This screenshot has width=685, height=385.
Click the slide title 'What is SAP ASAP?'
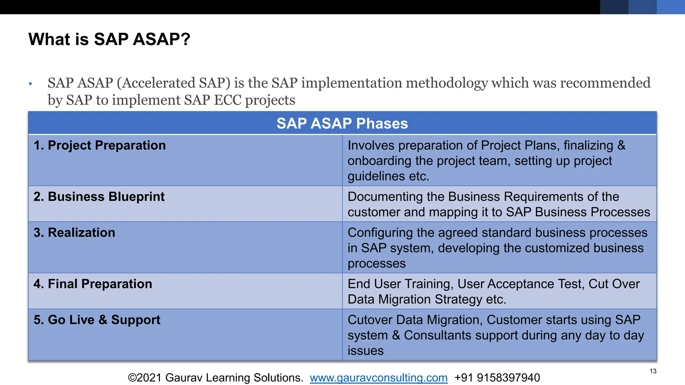click(109, 39)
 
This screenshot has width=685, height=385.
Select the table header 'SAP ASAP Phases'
click(342, 123)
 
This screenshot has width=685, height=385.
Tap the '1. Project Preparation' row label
click(100, 145)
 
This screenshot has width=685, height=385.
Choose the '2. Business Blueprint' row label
click(99, 197)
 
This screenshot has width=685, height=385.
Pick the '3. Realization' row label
click(74, 233)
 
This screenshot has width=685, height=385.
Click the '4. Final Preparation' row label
click(93, 284)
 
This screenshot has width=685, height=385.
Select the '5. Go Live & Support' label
click(97, 320)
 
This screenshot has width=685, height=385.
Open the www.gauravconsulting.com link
click(378, 378)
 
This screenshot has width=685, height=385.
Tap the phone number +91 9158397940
click(497, 378)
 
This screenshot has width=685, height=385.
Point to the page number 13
click(653, 371)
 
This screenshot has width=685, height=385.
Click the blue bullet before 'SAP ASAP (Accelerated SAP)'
click(30, 84)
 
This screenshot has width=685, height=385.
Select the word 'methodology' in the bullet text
click(446, 83)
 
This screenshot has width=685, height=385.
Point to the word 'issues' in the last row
click(365, 351)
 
